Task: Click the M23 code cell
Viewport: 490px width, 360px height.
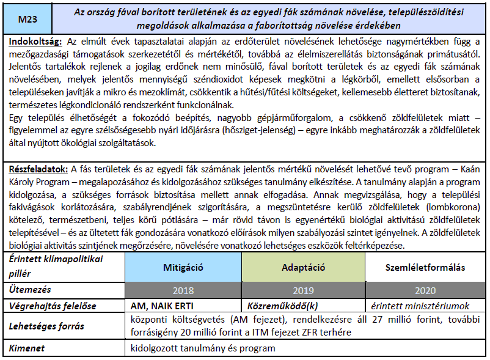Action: pos(27,20)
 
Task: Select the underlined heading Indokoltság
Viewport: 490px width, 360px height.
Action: pos(36,42)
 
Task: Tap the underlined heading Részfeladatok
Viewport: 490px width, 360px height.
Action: pos(39,169)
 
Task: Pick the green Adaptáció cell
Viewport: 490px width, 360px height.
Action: pos(303,268)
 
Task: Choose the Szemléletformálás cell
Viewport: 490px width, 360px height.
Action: pos(425,268)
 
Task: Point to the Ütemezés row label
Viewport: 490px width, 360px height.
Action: pos(31,290)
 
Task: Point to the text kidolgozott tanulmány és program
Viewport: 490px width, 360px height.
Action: pos(203,348)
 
